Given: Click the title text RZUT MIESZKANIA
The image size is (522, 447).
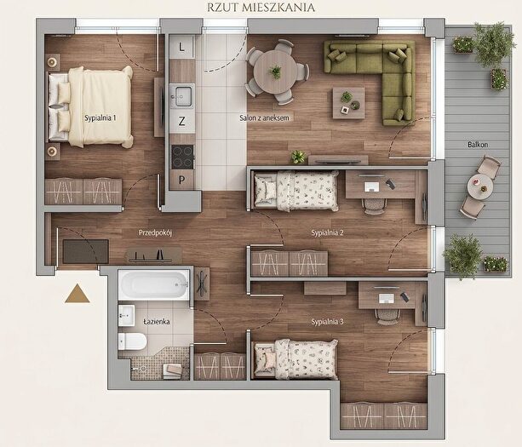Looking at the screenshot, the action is point(261,8).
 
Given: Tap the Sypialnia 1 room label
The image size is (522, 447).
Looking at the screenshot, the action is point(100,117).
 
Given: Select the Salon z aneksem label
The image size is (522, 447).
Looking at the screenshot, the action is point(264,117).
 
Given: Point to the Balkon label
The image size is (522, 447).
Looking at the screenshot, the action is point(478,145).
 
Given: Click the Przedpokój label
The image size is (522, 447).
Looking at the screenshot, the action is point(155,232).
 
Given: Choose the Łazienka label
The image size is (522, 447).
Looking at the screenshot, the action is point(157,322).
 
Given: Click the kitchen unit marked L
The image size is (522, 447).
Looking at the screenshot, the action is point(181,48).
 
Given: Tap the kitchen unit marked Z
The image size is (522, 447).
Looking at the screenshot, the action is point(181,121).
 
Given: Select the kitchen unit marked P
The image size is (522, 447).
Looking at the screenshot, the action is point(181,180).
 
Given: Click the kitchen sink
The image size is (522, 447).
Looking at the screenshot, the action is point(182,96).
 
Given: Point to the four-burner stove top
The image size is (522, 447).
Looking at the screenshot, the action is point(182,157).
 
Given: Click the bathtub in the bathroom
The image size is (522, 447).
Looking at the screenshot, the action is point(154,285).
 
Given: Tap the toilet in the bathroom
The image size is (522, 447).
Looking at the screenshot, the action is point(132,341).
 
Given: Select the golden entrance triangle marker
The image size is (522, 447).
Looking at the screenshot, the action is point(77,294).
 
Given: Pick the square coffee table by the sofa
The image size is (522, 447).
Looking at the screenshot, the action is point(349,103).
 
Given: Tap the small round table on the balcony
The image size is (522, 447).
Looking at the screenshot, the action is point(479,186).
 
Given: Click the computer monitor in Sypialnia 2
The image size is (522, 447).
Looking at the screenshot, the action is point(372,186).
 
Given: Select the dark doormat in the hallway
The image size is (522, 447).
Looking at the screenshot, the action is point(86,251).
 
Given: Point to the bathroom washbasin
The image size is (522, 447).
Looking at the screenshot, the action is point(127,316).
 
